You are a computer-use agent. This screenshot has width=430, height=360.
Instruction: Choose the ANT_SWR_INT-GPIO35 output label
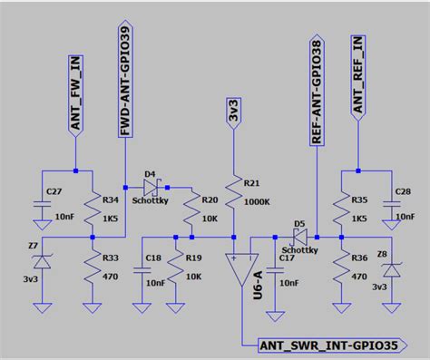click(331, 345)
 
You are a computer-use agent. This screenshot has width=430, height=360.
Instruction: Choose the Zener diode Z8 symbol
click(393, 269)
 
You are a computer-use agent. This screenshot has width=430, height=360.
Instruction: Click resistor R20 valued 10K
click(192, 212)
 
